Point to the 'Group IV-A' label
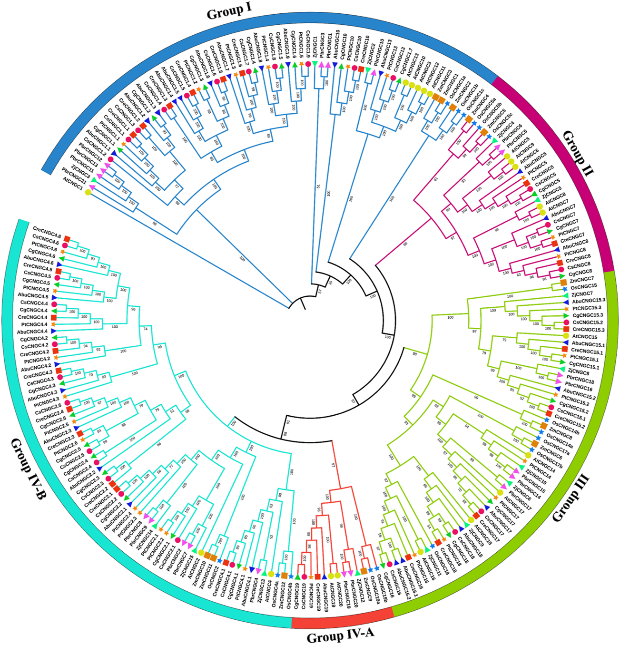click(x=340, y=636)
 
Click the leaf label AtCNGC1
click(x=72, y=180)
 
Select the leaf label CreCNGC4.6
click(x=47, y=235)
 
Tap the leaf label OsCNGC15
click(x=583, y=286)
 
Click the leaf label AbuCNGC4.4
click(x=32, y=332)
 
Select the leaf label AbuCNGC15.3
click(x=589, y=301)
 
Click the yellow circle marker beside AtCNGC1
click(x=88, y=192)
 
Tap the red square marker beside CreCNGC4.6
click(x=68, y=238)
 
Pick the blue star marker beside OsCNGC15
click(x=565, y=289)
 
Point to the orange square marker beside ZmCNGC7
click(x=563, y=283)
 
